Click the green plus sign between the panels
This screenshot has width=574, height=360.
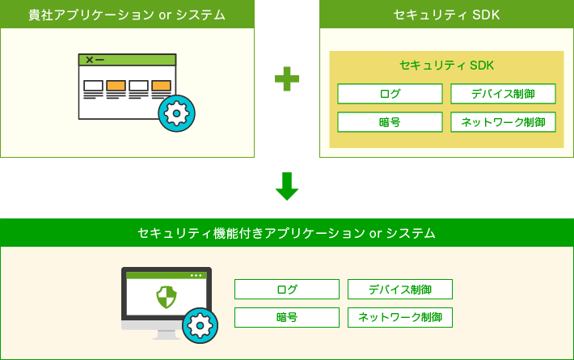287,78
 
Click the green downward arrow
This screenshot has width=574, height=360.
287,186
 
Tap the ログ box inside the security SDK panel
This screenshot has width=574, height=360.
390,94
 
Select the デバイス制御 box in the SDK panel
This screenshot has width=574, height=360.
503,94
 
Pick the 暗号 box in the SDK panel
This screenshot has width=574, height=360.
390,122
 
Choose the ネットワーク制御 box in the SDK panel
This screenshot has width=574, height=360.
503,122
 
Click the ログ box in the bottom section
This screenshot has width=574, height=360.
287,290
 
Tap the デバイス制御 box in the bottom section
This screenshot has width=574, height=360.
399,290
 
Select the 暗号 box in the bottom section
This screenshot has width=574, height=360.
287,317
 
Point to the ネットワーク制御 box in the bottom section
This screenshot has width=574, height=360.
399,317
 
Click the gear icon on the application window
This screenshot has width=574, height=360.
176,113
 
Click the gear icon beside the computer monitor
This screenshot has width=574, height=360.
200,325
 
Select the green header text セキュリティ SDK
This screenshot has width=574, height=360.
446,15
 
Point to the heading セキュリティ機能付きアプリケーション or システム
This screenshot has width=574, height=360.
287,233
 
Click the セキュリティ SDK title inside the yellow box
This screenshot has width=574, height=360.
446,65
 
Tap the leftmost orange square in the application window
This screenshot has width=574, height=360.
116,85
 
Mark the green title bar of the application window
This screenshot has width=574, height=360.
127,60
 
